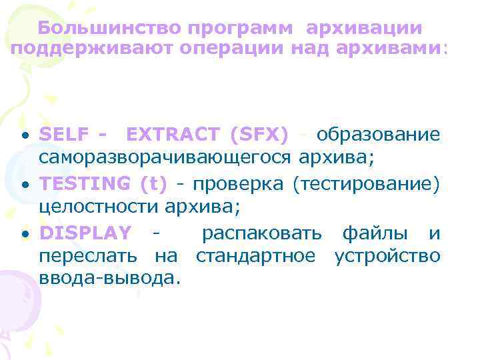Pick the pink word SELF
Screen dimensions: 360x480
[64, 135]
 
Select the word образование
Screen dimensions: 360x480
[378, 135]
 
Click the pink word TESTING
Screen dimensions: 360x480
[86, 182]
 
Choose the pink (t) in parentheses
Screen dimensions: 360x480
[153, 182]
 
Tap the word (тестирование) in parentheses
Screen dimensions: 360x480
[367, 182]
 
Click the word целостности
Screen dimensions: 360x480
[97, 206]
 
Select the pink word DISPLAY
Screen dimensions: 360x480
[85, 233]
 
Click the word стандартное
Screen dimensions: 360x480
[256, 255]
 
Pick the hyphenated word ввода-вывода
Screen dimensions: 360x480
[110, 277]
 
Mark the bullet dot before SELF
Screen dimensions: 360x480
[24, 136]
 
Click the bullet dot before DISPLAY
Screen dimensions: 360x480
[24, 234]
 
